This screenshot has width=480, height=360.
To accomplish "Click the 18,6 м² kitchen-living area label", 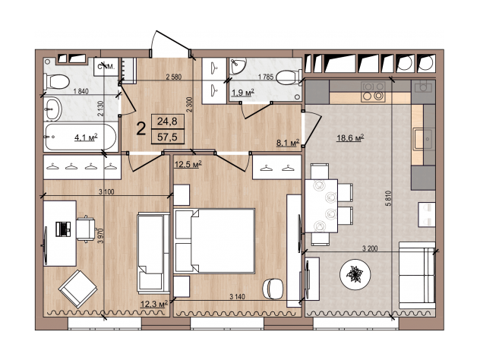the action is pos(350,137).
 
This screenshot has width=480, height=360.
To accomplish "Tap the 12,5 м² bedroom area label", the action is pos(188,164).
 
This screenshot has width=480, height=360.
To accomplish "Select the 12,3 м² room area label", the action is pos(154,304).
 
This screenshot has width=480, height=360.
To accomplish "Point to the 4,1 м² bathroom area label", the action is pos(86,137).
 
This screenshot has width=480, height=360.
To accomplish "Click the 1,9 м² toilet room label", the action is pos(243,92).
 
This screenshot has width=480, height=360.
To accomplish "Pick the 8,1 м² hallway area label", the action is pos(288,143).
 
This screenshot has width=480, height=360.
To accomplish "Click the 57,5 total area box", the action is pos(167,137).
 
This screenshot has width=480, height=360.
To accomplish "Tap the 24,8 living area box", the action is pos(167,122).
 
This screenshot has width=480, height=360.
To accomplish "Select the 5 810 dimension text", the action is pos(389,198).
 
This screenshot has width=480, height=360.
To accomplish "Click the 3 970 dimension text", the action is pos(101,235).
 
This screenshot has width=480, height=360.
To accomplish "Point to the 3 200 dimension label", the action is pos(370,248).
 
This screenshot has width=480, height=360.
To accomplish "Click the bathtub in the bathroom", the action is pos(81,137).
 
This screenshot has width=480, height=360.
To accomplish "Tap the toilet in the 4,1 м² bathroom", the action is pos(57,82).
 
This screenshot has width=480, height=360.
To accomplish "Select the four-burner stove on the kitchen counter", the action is pos(373,92).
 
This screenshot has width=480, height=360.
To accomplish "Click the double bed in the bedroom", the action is pos(214,241).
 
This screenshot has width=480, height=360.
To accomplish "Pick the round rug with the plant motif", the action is pos(355,274).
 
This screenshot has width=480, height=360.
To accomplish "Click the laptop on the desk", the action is pos(63,229).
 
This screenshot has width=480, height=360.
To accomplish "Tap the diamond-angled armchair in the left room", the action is pos(77,289).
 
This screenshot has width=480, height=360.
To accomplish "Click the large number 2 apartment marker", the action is pos(141,128).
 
